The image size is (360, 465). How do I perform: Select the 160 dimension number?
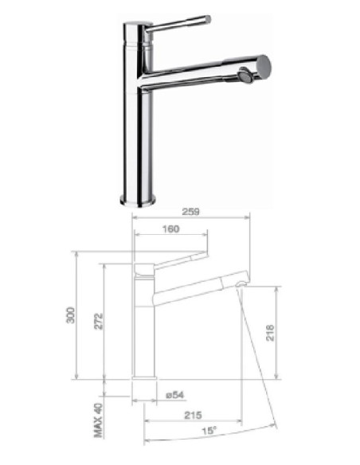click(x=170, y=229)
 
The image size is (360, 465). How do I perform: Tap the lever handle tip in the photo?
click(x=208, y=18)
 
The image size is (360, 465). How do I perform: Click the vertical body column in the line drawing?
click(x=144, y=334)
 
